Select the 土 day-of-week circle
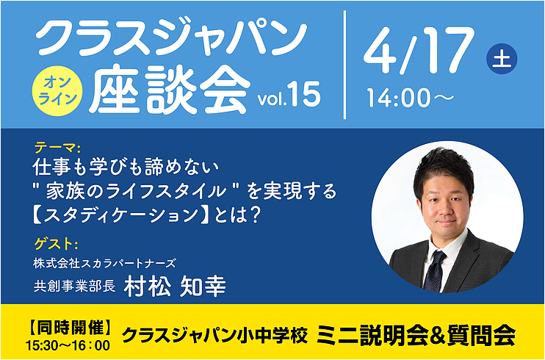tap(502, 59)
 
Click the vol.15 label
tap(289, 96)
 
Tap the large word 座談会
tap(170, 90)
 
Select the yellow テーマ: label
tap(57, 149)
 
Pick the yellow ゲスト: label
tap(56, 244)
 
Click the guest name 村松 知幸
tap(175, 287)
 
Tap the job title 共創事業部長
tap(74, 287)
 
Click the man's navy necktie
tap(435, 270)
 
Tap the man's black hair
tap(444, 170)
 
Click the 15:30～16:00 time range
tap(68, 345)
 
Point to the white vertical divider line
tap(344, 65)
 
